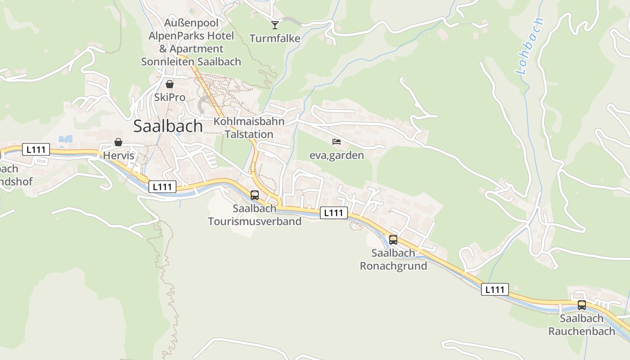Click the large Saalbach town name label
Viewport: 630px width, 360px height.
click(168, 126)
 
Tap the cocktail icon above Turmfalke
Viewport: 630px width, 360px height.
click(275, 25)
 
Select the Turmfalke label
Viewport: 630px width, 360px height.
click(275, 39)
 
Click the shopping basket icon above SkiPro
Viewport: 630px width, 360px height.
click(170, 84)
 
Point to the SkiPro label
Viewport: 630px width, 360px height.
click(170, 97)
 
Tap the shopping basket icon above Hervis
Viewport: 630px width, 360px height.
click(118, 142)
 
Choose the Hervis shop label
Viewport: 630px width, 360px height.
click(119, 156)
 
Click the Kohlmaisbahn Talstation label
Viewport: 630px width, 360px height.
click(249, 128)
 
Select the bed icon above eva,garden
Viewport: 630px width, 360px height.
click(337, 142)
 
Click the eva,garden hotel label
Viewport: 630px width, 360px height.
click(337, 155)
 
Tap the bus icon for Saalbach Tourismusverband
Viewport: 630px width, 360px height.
click(255, 195)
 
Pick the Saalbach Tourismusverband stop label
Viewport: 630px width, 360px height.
click(255, 215)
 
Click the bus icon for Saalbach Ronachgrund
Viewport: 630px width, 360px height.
click(393, 240)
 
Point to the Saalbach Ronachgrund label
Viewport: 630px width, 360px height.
click(393, 260)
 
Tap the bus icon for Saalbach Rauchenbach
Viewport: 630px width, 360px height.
click(582, 305)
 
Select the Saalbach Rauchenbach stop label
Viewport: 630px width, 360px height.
click(581, 325)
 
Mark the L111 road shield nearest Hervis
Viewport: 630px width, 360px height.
click(36, 149)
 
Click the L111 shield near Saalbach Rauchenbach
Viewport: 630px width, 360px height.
click(495, 289)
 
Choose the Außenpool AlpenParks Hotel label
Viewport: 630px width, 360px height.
click(191, 42)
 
